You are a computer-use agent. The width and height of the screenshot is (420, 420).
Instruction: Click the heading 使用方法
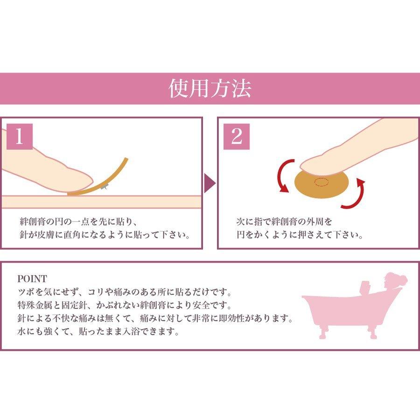point(210,89)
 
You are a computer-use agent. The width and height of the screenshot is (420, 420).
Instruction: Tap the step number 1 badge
point(20,136)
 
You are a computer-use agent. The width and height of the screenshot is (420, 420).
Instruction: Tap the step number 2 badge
point(237,136)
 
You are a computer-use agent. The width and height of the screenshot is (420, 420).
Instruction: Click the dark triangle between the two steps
point(210,183)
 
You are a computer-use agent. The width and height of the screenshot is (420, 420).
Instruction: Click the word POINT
point(32,279)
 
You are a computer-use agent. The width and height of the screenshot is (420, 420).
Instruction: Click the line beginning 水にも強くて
point(98,333)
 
